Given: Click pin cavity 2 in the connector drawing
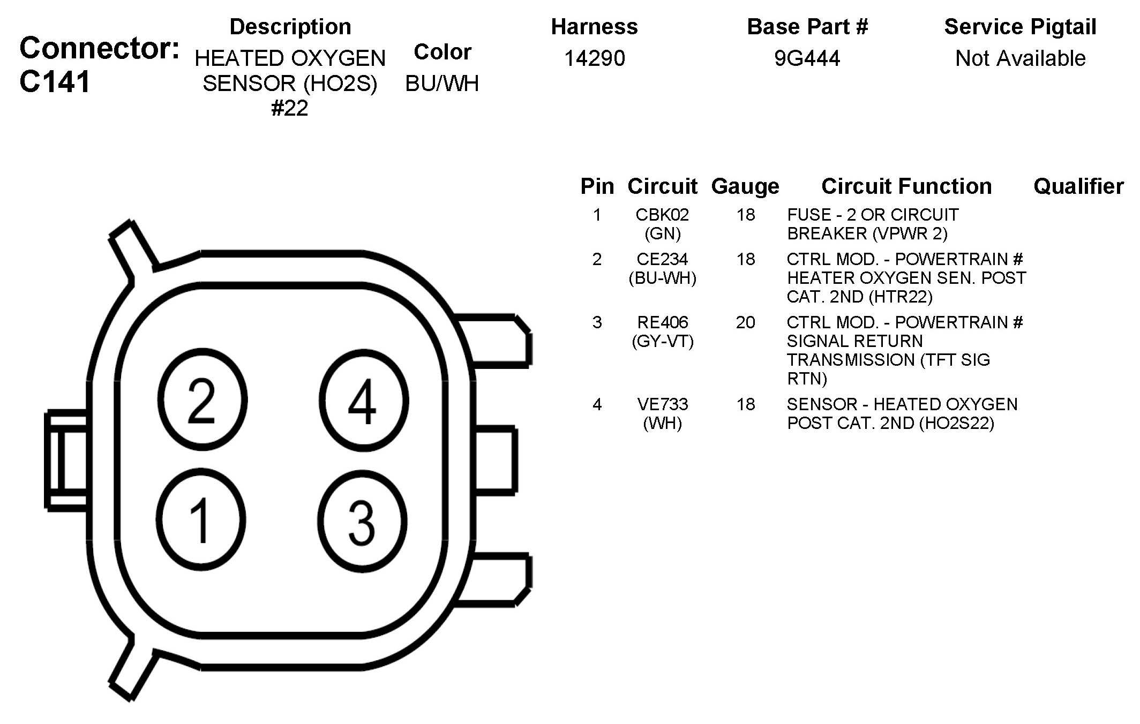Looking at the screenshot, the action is click(202, 399).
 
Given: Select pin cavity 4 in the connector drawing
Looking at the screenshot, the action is click(364, 401).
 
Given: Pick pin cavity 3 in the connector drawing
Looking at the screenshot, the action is click(362, 521).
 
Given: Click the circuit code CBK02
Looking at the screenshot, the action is click(662, 215).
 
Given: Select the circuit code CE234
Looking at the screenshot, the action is click(662, 259).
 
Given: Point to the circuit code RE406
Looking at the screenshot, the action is click(663, 322).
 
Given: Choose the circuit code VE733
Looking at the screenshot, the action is click(663, 404).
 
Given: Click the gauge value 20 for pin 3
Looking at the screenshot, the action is click(745, 322).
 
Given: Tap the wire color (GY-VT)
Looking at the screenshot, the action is click(663, 341).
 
